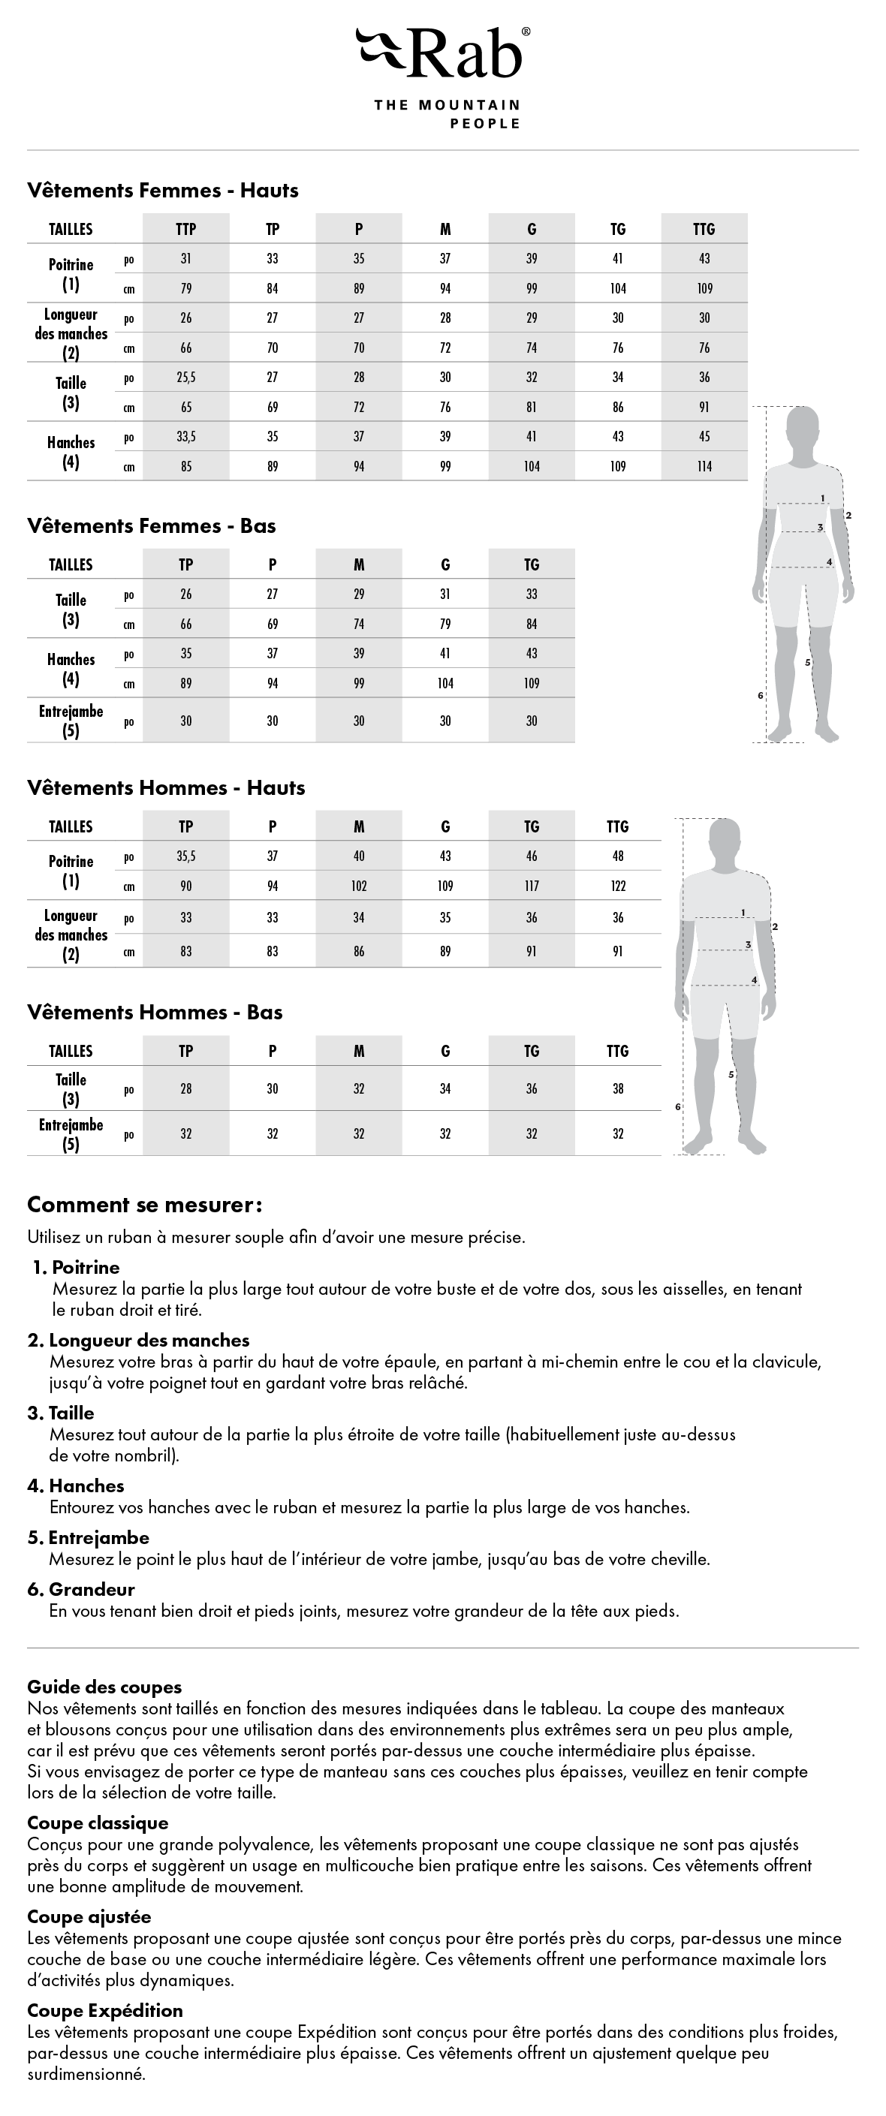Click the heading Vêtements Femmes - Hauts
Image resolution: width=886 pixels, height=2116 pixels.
(x=163, y=191)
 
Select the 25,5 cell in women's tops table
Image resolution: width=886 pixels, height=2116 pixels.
(x=185, y=377)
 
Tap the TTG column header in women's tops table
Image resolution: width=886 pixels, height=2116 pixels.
(x=704, y=229)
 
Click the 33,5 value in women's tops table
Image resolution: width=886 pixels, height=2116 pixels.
(x=185, y=436)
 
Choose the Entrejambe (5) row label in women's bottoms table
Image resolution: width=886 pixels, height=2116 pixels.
(x=71, y=721)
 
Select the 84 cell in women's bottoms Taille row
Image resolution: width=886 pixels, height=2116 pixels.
(x=532, y=625)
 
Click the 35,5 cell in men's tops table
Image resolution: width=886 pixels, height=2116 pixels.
(x=185, y=856)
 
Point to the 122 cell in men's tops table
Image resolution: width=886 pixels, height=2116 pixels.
(x=618, y=886)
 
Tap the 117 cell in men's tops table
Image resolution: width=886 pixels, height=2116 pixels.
(x=532, y=886)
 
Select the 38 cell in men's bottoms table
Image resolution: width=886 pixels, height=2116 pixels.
(x=618, y=1089)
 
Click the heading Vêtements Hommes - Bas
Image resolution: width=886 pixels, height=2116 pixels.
(x=155, y=1013)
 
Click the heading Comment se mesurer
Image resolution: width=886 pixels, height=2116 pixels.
(x=145, y=1205)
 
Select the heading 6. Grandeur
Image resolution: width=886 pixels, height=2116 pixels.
(x=80, y=1590)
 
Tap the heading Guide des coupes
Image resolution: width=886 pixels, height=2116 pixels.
(x=104, y=1687)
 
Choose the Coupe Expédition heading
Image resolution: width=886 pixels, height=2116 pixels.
(x=105, y=2011)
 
